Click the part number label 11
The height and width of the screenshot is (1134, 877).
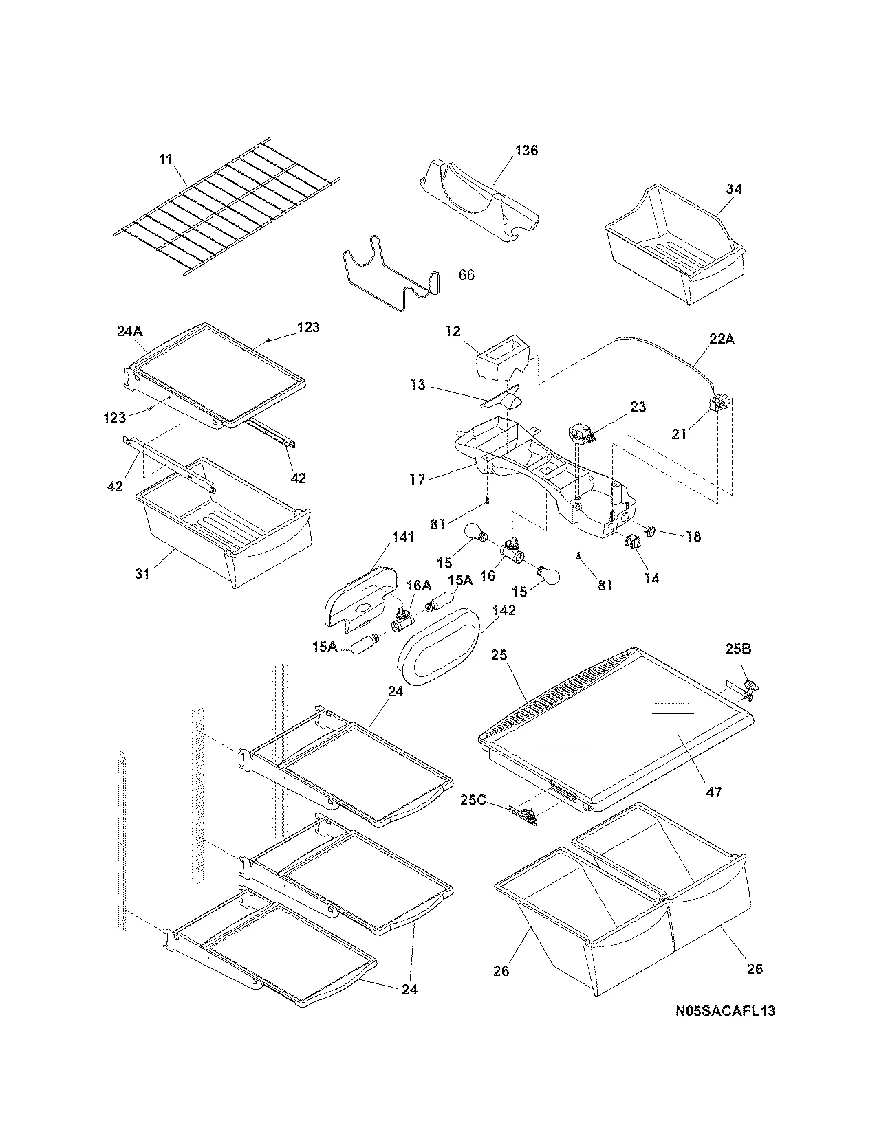pos(165,160)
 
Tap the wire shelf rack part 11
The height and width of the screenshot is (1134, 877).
pos(227,206)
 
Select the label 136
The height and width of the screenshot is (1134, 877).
pos(526,151)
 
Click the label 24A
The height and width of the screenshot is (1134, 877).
pos(129,331)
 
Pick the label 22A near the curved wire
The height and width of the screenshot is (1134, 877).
pos(719,339)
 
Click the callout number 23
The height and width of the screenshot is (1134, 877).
pos(638,407)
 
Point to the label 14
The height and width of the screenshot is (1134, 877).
pos(651,578)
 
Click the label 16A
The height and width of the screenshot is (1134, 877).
pos(419,585)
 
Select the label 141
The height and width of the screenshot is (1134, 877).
pos(403,537)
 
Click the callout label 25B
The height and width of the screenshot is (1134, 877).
pos(738,648)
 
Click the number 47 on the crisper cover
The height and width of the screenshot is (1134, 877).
pos(714,792)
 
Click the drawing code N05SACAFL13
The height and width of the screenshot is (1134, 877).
pos(725,1011)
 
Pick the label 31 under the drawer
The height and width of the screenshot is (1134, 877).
pos(142,572)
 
